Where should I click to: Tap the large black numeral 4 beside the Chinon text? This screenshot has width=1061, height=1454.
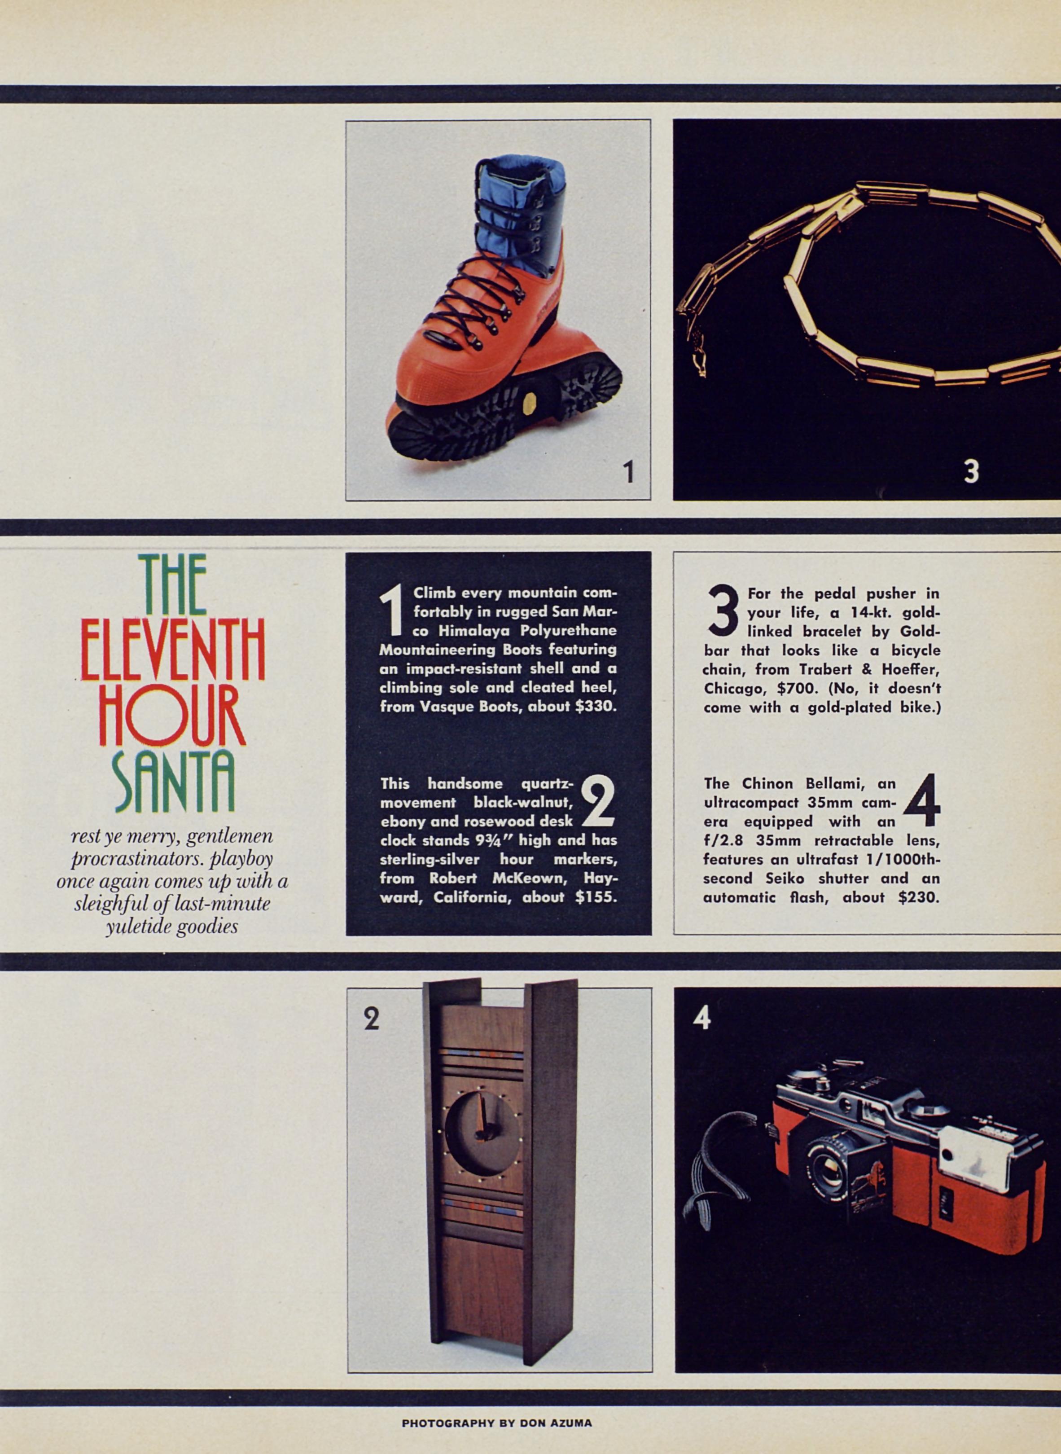(x=922, y=801)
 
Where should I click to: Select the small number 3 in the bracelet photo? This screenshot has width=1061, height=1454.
(x=971, y=471)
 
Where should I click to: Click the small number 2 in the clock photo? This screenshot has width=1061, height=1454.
(x=371, y=1018)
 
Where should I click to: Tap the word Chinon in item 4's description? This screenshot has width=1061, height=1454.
(x=766, y=783)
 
